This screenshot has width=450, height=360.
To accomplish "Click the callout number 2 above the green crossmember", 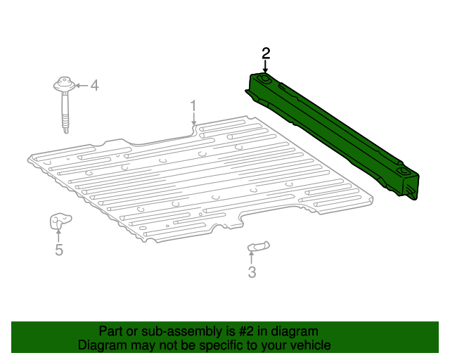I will pyautogui.click(x=266, y=53).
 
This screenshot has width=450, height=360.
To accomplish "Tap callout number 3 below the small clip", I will pyautogui.click(x=252, y=272).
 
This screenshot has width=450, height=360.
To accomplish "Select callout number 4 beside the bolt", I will pyautogui.click(x=94, y=86).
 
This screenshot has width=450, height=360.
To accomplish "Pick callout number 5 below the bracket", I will pyautogui.click(x=59, y=250).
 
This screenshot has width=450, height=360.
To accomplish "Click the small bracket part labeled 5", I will pyautogui.click(x=58, y=221).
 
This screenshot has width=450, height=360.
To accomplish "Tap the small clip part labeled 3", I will pyautogui.click(x=257, y=245).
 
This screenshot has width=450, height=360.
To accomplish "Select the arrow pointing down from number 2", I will pyautogui.click(x=266, y=67).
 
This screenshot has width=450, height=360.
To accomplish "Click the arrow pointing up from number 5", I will pyautogui.click(x=59, y=235).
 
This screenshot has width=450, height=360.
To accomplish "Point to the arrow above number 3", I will pyautogui.click(x=251, y=257).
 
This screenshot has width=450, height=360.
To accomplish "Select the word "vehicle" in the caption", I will pyautogui.click(x=309, y=345).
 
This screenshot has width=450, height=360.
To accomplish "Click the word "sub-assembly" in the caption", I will pyautogui.click(x=177, y=331).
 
